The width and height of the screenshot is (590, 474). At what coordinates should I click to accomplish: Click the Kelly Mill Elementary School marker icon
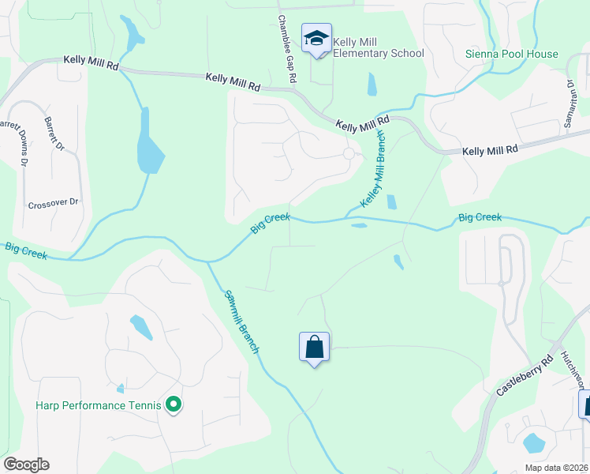coord(316,39)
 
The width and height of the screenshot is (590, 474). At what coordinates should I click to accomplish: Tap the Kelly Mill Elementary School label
coord(379,47)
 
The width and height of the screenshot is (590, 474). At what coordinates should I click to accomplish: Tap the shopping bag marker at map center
coord(314,347)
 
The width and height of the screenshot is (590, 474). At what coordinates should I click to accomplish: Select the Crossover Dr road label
coord(54,202)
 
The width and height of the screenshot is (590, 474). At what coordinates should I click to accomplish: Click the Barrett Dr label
coord(56,135)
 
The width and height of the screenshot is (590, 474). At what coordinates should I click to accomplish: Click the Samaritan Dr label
coord(569,95)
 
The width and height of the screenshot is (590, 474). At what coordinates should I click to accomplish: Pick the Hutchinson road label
coord(574,371)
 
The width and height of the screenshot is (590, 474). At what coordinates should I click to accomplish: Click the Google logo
coord(26,464)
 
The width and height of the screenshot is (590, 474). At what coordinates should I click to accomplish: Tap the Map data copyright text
coord(557,468)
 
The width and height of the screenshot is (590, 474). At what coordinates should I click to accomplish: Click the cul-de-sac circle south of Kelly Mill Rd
coord(348,153)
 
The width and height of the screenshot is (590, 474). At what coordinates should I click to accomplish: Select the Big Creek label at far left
coord(24,250)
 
